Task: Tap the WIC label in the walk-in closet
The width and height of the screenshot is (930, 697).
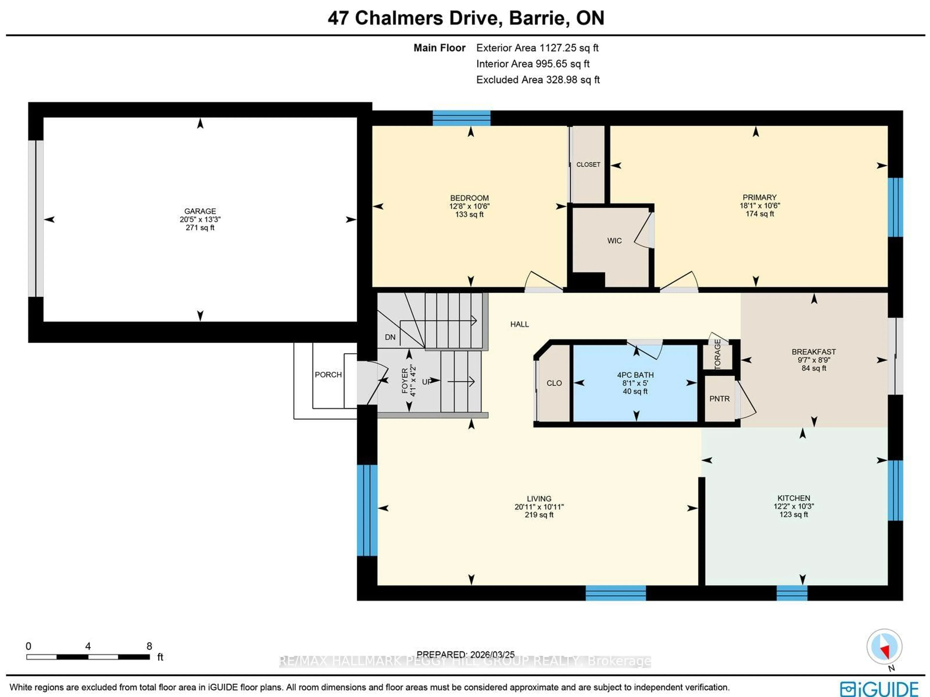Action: tap(614, 241)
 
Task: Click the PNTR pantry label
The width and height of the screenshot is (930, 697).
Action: tap(719, 399)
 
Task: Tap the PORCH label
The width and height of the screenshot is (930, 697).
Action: tap(328, 375)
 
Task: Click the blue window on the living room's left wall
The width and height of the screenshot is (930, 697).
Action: tap(367, 510)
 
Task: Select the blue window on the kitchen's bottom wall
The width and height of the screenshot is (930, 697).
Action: tap(792, 593)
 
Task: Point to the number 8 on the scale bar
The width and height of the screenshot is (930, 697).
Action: tap(149, 646)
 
